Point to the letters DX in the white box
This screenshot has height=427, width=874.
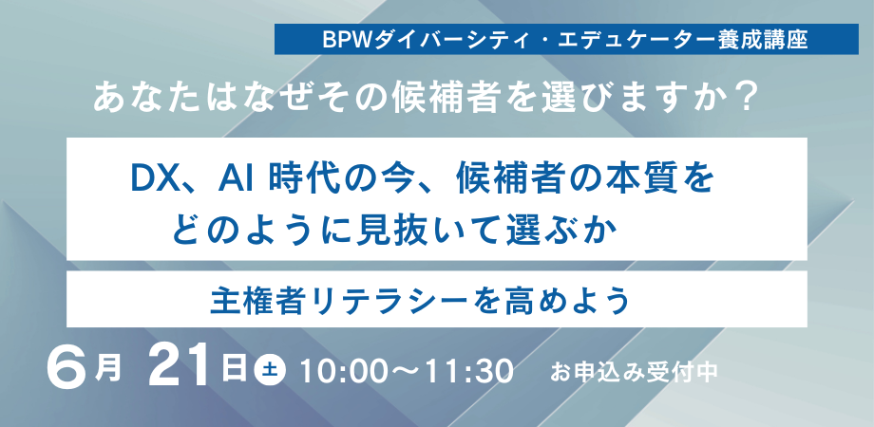153,178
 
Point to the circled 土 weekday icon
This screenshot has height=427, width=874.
270,369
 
